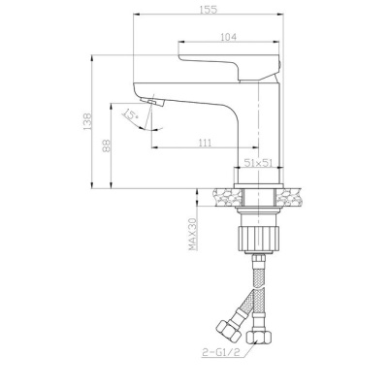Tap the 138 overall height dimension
tap(87, 122)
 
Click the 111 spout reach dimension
tap(206, 143)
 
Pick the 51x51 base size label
tap(256, 164)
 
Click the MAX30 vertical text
tap(193, 234)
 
